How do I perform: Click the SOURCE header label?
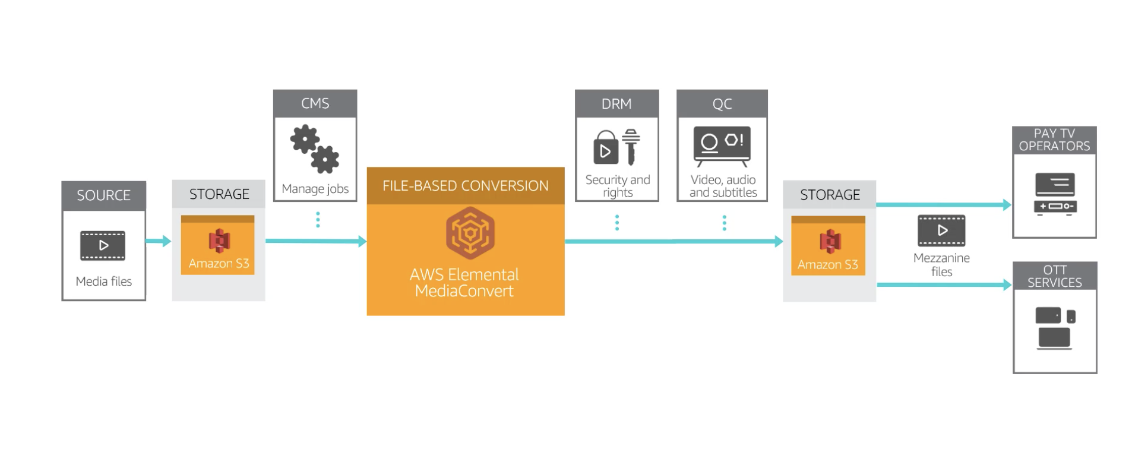(x=103, y=195)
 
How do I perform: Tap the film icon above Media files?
(x=103, y=245)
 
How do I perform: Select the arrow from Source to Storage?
(x=158, y=241)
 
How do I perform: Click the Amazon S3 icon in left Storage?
(x=219, y=241)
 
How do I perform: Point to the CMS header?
(x=315, y=103)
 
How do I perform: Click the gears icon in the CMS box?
(x=315, y=148)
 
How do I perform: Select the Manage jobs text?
(x=315, y=189)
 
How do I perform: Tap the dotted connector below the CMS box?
(x=318, y=220)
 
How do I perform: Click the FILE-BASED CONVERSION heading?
(x=465, y=186)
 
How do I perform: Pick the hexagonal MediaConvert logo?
(x=470, y=233)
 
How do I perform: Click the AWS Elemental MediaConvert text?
(x=464, y=283)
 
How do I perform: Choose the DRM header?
(x=616, y=104)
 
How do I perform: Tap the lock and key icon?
(x=616, y=147)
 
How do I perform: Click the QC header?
(x=722, y=104)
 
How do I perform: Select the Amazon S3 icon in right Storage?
(x=830, y=241)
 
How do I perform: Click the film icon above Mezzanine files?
(x=941, y=230)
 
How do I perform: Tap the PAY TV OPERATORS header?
(x=1054, y=140)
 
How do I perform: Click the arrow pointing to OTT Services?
(x=944, y=285)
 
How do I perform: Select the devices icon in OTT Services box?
(x=1055, y=328)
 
